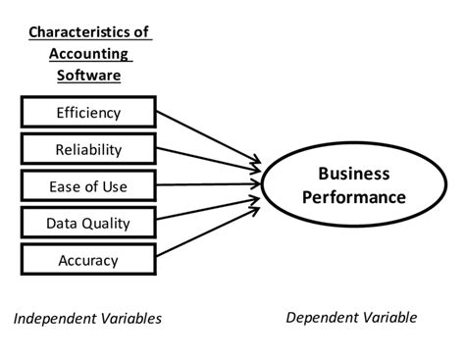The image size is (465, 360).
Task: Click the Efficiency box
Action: point(88,112)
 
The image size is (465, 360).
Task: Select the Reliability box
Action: point(88,149)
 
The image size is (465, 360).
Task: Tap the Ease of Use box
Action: point(88,186)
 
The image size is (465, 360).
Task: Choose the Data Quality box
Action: point(88,223)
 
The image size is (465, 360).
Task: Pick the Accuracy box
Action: point(88,260)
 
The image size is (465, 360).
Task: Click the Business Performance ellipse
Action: point(353,184)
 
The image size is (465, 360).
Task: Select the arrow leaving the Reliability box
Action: point(208,161)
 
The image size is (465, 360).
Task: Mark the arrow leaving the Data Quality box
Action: point(208,208)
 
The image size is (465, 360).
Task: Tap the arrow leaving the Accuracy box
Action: point(208,231)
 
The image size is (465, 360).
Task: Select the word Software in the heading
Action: point(87,75)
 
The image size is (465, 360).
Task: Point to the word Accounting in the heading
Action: point(87,53)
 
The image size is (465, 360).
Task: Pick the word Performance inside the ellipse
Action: point(354,196)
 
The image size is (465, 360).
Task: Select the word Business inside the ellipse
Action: point(354,174)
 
